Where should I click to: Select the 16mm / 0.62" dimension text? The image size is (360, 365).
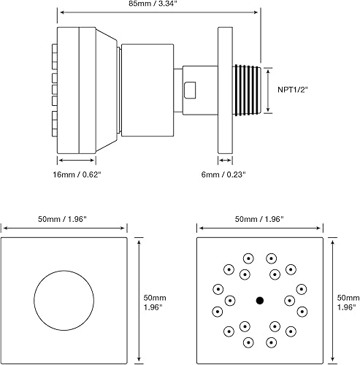pyautogui.click(x=76, y=175)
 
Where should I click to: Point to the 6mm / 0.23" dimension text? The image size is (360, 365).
pyautogui.click(x=223, y=175)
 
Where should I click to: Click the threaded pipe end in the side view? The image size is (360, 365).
pyautogui.click(x=245, y=89)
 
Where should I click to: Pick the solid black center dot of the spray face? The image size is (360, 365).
pyautogui.click(x=259, y=300)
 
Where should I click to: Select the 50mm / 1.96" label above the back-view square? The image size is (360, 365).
pyautogui.click(x=64, y=219)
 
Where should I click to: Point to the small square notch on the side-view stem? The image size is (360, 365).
pyautogui.click(x=191, y=91)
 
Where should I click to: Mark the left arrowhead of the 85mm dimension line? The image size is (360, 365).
pyautogui.click(x=61, y=12)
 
